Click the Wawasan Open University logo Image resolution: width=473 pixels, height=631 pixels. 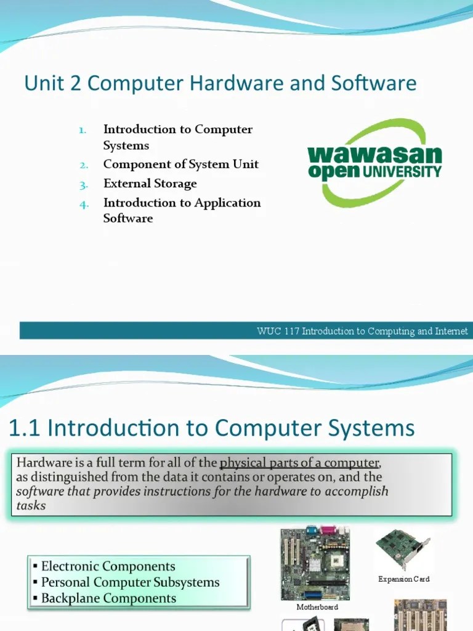click(x=374, y=163)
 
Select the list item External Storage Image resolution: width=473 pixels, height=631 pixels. click(x=150, y=184)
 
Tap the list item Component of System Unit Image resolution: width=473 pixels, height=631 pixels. click(x=180, y=165)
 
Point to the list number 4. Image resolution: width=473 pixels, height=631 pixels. click(x=84, y=204)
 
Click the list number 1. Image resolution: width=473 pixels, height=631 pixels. click(x=83, y=131)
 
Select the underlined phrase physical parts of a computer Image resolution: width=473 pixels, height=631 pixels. click(x=299, y=463)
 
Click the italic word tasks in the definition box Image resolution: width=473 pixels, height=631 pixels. click(x=31, y=506)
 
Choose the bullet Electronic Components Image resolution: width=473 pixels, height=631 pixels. click(x=108, y=566)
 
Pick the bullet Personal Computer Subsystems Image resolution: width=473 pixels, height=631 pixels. click(x=130, y=582)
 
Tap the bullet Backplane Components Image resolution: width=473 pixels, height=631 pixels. click(x=108, y=598)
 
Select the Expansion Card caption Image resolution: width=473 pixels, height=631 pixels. click(x=403, y=579)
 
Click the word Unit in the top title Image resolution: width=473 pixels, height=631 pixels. click(x=42, y=83)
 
